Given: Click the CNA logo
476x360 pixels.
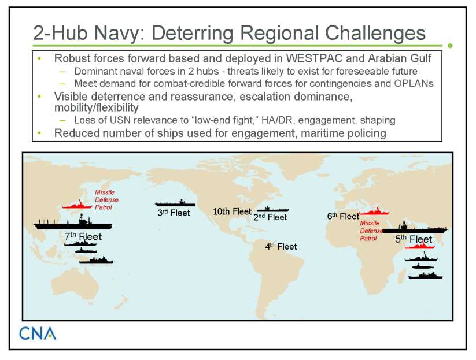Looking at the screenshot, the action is point(38,333).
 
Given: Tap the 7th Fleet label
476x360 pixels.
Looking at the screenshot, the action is point(83,236).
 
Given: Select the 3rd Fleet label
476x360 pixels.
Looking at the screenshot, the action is point(174,213).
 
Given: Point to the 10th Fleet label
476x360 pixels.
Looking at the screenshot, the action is point(233,211).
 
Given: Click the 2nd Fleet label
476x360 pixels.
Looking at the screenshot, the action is point(270,217).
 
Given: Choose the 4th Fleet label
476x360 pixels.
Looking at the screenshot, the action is point(281,246).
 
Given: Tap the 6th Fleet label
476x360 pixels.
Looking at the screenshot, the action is point(343,216).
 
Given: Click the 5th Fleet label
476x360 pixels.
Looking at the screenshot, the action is point(413,239).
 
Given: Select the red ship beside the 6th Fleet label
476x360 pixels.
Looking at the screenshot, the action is point(374,211).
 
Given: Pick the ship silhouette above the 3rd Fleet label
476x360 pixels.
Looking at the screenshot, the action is point(175,203).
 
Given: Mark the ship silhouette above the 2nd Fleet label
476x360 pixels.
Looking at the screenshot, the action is point(273,209).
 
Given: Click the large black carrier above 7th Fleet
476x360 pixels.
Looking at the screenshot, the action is point(73,223).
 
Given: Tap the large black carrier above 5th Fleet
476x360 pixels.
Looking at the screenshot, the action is point(415,228).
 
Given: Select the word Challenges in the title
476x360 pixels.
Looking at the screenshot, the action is point(375,33).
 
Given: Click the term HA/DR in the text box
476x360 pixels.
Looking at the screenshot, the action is point(278,120).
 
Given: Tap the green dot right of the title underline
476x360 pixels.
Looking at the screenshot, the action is point(450,46).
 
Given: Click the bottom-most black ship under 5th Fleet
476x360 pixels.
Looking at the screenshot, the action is point(425,276).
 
